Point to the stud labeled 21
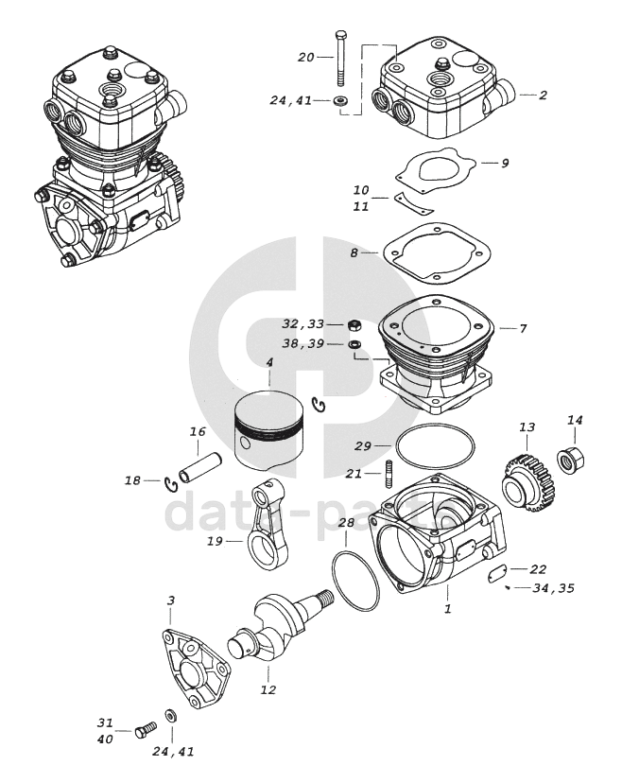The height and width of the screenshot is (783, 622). [x=388, y=470]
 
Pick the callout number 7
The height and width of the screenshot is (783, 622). [x=522, y=328]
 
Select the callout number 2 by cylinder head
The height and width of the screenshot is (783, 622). [x=543, y=95]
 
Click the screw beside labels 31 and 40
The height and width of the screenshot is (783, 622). [x=146, y=729]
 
